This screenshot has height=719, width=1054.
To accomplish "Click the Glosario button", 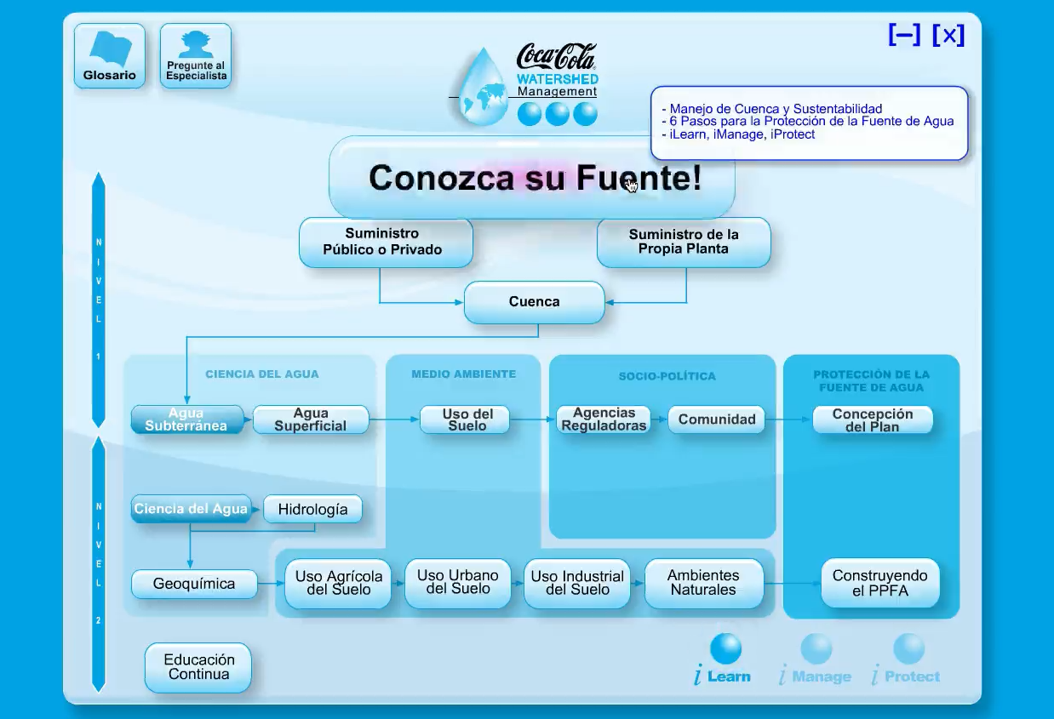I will click(x=110, y=56).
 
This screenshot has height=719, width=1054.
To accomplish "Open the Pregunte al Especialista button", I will click(x=196, y=56).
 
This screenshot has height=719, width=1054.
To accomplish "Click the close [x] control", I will click(x=948, y=35).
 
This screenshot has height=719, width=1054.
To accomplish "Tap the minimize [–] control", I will click(x=904, y=35).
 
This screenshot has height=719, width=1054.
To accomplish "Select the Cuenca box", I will click(x=534, y=302).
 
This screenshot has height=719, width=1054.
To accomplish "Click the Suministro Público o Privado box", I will click(x=386, y=242).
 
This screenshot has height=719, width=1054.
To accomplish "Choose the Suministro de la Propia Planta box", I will click(x=684, y=242).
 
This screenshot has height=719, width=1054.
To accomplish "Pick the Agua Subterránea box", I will click(x=186, y=419).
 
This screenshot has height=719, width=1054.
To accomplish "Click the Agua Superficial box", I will click(x=311, y=419).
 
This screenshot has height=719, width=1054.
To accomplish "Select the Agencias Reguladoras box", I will click(x=604, y=419).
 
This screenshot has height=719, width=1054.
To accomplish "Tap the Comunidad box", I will click(x=716, y=419).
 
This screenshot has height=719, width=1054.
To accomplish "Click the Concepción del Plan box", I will click(x=873, y=419).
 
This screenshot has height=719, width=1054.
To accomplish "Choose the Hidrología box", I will click(x=312, y=510).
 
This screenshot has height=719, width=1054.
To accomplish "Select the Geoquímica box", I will click(x=194, y=584).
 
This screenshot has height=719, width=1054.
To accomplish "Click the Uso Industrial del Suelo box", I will click(x=577, y=583).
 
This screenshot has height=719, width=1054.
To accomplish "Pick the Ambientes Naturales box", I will click(x=703, y=583).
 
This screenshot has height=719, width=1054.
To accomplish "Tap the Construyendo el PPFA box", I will click(x=880, y=583).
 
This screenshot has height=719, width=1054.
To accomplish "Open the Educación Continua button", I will click(x=198, y=667).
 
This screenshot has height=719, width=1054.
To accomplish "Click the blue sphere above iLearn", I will click(x=725, y=649).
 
